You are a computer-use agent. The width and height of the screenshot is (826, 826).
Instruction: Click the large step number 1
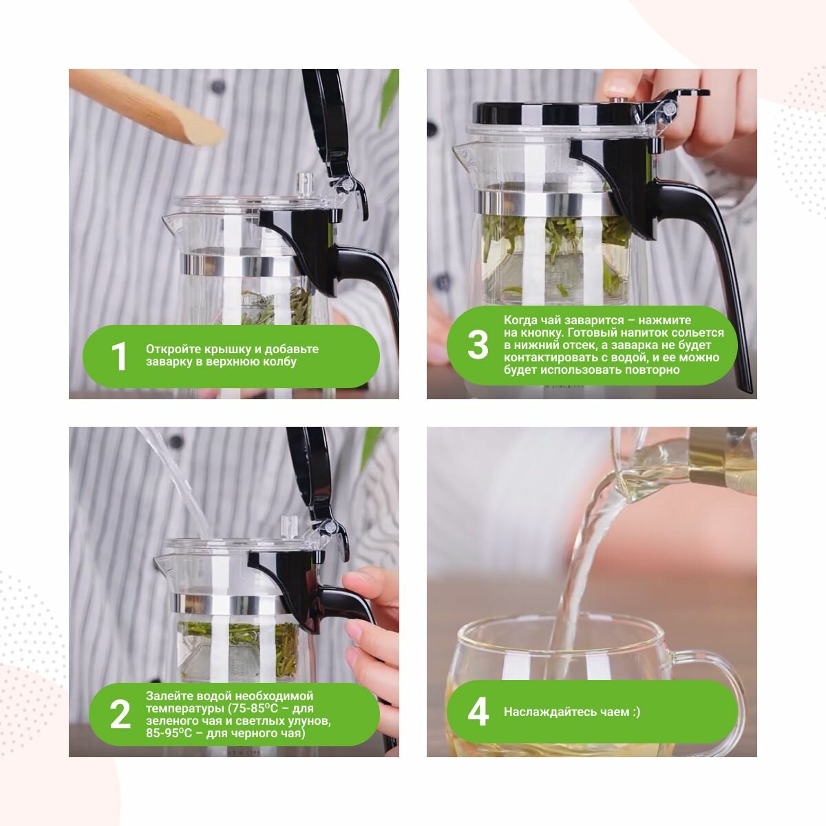click(119, 356)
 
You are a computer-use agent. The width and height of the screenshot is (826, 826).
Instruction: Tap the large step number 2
click(120, 714)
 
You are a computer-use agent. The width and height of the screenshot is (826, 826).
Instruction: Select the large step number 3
click(478, 345)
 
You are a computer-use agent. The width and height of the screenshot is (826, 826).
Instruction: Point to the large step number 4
click(478, 712)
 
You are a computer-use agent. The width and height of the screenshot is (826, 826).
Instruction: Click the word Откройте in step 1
click(173, 350)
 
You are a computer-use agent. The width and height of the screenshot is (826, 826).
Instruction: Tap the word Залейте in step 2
click(170, 696)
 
